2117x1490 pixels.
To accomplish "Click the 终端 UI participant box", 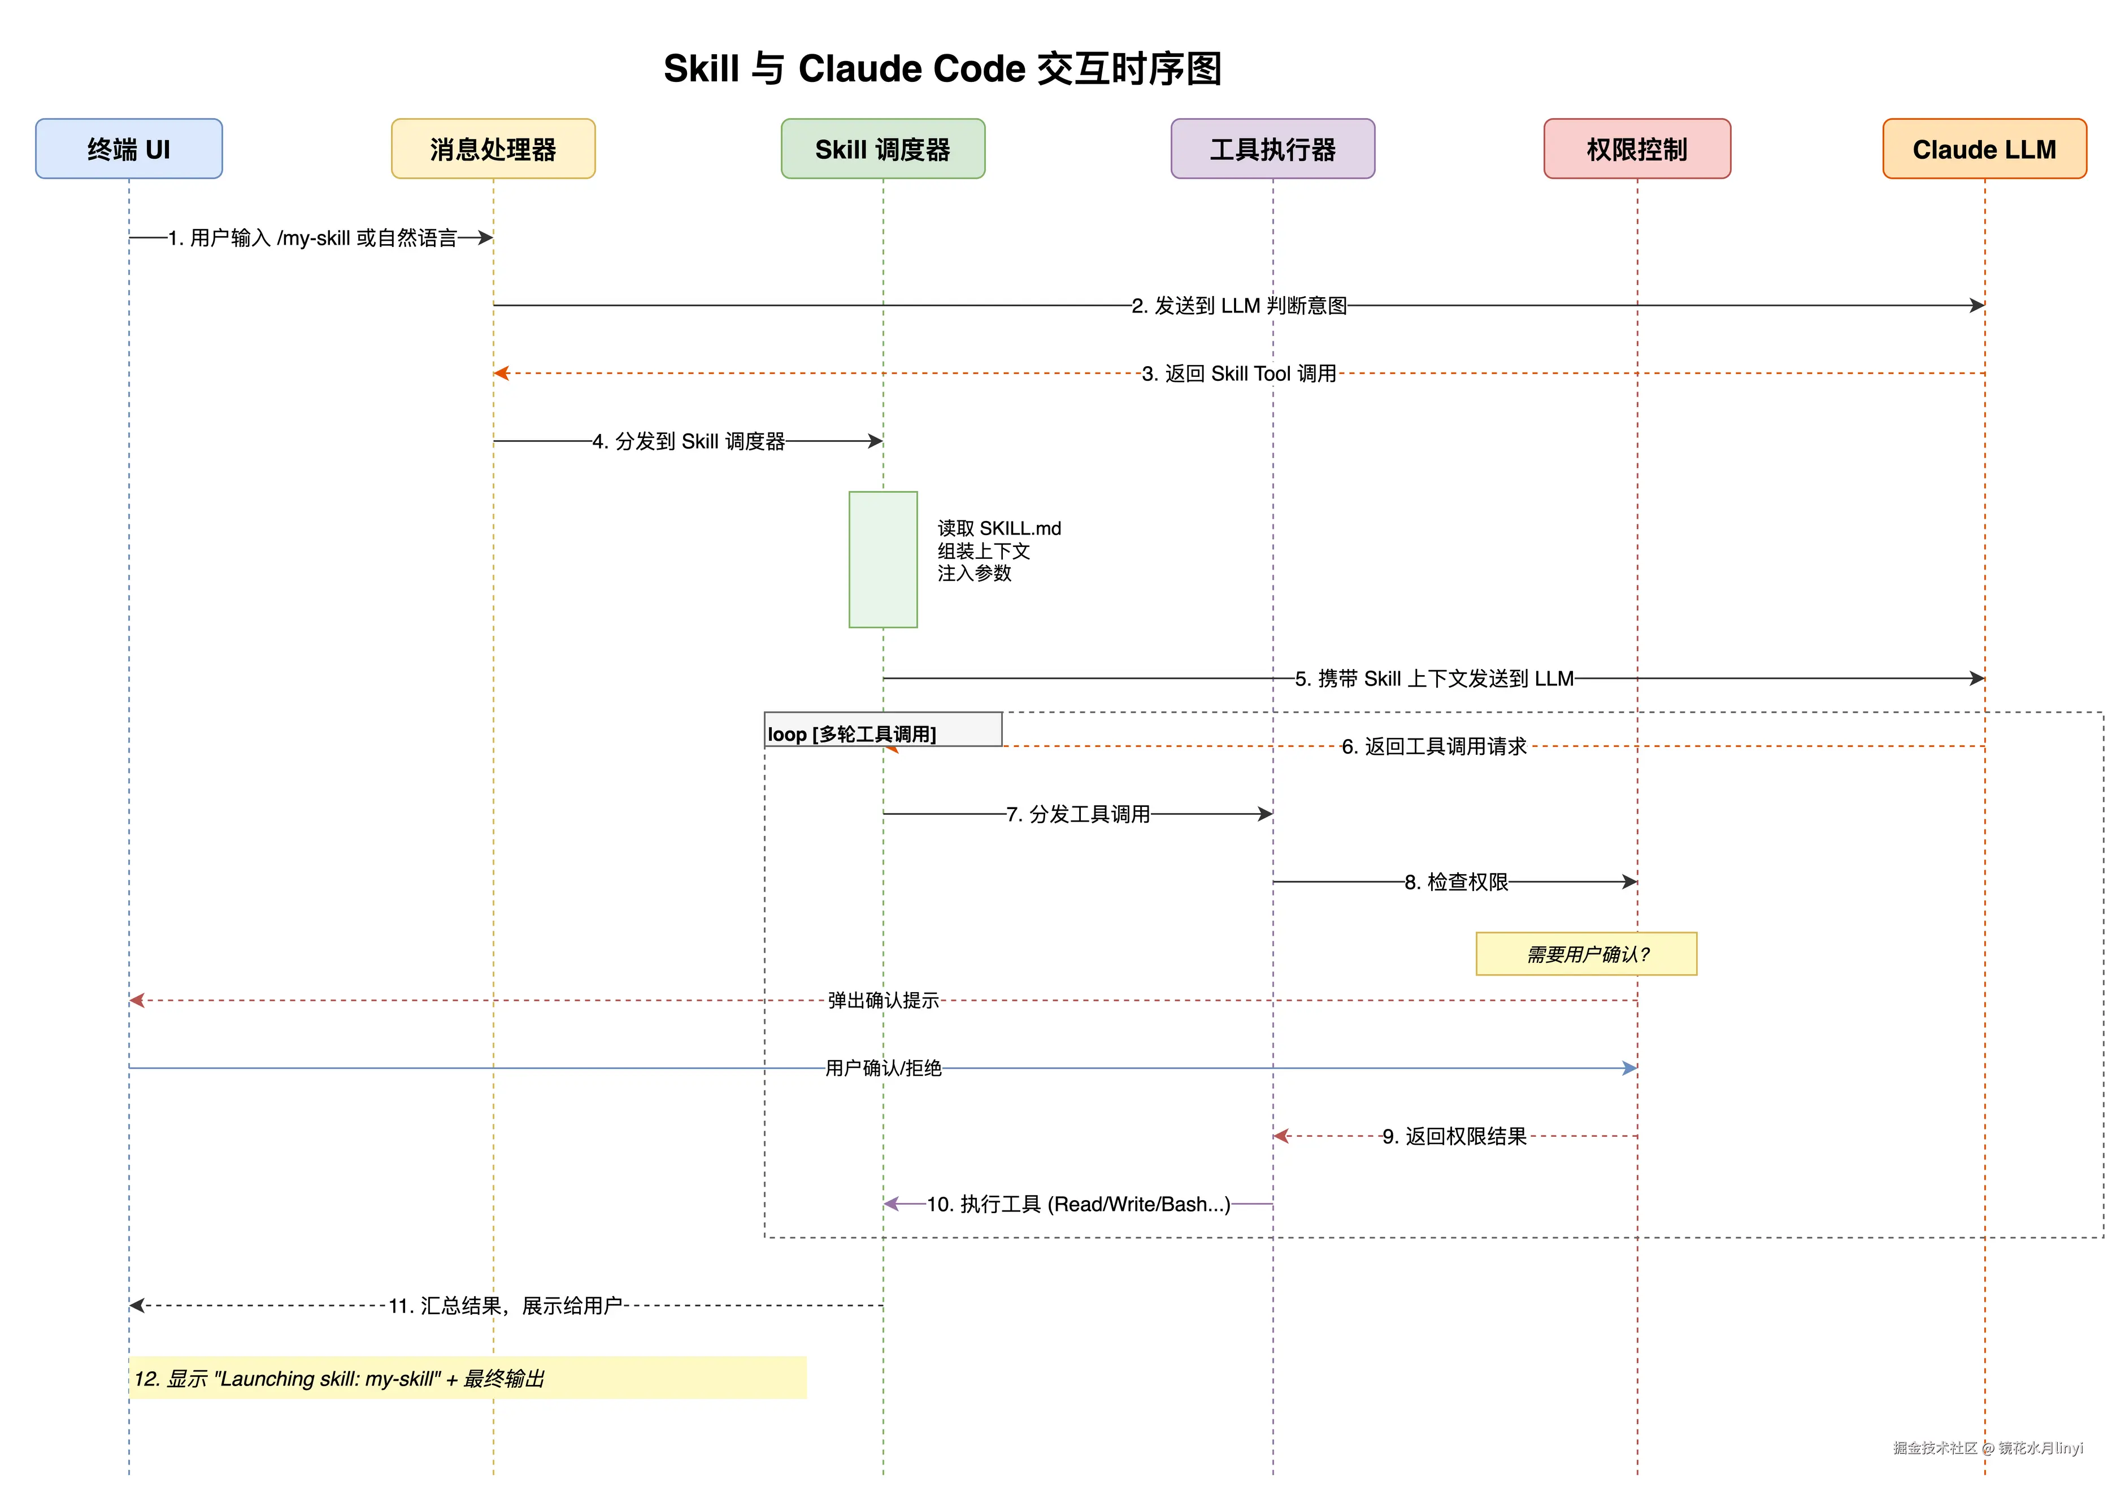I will (128, 149).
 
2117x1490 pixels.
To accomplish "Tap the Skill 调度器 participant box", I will (883, 149).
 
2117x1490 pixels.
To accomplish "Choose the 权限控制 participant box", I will (1637, 149).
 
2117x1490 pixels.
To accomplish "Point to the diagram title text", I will (942, 69).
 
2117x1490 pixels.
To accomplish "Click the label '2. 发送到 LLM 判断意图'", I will (1239, 305).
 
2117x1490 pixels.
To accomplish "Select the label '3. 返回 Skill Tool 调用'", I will (1239, 373).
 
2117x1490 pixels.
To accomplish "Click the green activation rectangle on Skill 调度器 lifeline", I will (883, 560).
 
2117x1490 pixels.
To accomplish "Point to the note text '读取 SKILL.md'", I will (999, 528).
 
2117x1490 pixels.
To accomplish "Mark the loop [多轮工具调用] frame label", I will (852, 734).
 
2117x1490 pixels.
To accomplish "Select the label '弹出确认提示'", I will (883, 1001).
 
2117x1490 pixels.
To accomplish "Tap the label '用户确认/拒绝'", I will (883, 1068).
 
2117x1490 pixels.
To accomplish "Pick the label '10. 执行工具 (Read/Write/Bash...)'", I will (1078, 1204).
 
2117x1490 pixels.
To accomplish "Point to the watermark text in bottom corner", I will (1988, 1448).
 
